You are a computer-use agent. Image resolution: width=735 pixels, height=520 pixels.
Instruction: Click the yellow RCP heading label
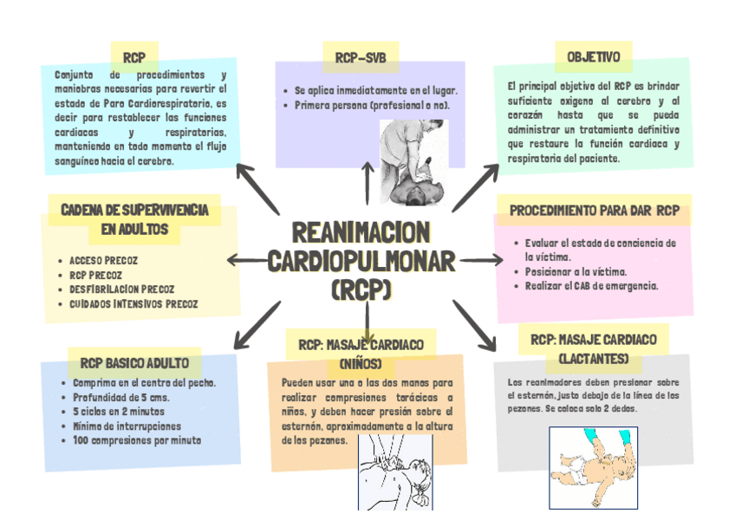133,58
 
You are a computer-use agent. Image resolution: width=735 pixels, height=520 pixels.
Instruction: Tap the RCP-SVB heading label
360,58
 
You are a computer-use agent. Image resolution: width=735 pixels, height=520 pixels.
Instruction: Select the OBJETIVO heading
593,57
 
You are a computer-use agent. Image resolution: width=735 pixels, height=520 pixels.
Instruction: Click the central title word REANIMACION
361,232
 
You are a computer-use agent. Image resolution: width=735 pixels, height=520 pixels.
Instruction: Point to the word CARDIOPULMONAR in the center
361,260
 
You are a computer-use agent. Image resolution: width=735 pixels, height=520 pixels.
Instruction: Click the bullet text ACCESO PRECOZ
103,260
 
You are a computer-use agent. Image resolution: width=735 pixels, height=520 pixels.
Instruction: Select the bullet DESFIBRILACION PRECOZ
121,289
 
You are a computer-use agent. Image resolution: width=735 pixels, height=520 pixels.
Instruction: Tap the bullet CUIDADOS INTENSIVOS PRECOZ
133,304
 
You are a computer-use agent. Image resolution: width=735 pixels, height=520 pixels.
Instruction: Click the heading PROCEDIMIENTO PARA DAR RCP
594,211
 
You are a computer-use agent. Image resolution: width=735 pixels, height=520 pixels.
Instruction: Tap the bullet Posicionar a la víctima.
576,271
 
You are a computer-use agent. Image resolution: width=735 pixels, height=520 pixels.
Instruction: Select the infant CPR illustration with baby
593,466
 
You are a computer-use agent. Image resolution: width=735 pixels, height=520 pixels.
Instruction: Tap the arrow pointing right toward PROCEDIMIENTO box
481,259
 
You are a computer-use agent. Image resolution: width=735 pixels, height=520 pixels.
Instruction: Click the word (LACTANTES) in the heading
594,359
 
